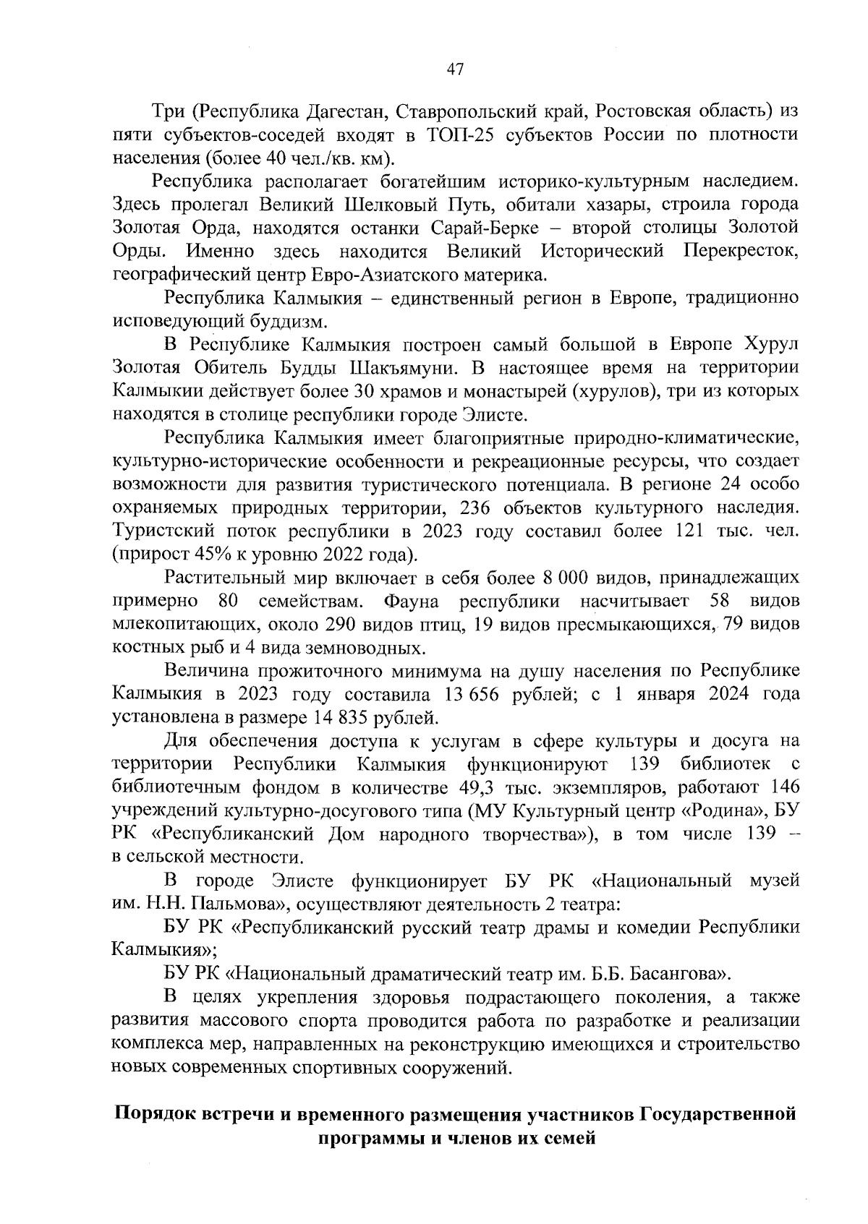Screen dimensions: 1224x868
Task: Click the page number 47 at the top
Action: [x=455, y=69]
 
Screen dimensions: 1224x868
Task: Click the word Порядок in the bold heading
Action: [x=158, y=1114]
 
